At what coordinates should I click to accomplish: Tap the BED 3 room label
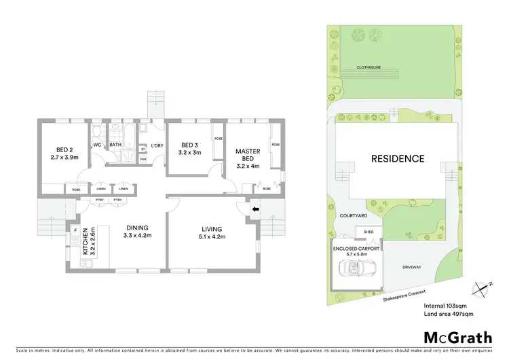tap(189, 145)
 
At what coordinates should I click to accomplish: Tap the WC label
tap(97, 145)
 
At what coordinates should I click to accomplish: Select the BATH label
tap(115, 145)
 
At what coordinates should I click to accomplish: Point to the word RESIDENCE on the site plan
tap(398, 159)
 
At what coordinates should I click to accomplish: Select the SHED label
tap(369, 232)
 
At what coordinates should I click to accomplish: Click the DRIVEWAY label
tap(411, 267)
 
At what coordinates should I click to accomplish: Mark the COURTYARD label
tap(353, 215)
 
